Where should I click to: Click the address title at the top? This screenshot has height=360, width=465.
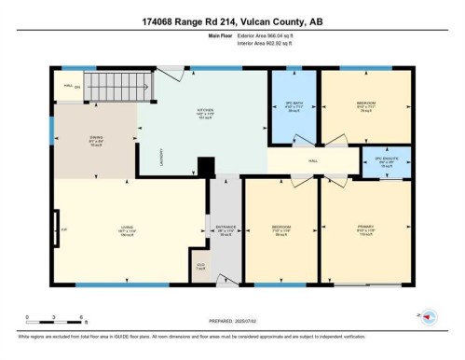click(232, 20)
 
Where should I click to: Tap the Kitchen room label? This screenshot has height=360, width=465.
click(204, 114)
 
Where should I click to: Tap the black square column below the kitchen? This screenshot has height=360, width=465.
click(206, 166)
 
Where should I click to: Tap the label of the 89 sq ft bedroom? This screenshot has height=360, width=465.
click(281, 229)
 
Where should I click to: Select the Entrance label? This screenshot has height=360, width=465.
click(225, 229)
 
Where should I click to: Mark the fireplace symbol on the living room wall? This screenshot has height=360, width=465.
click(59, 229)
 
